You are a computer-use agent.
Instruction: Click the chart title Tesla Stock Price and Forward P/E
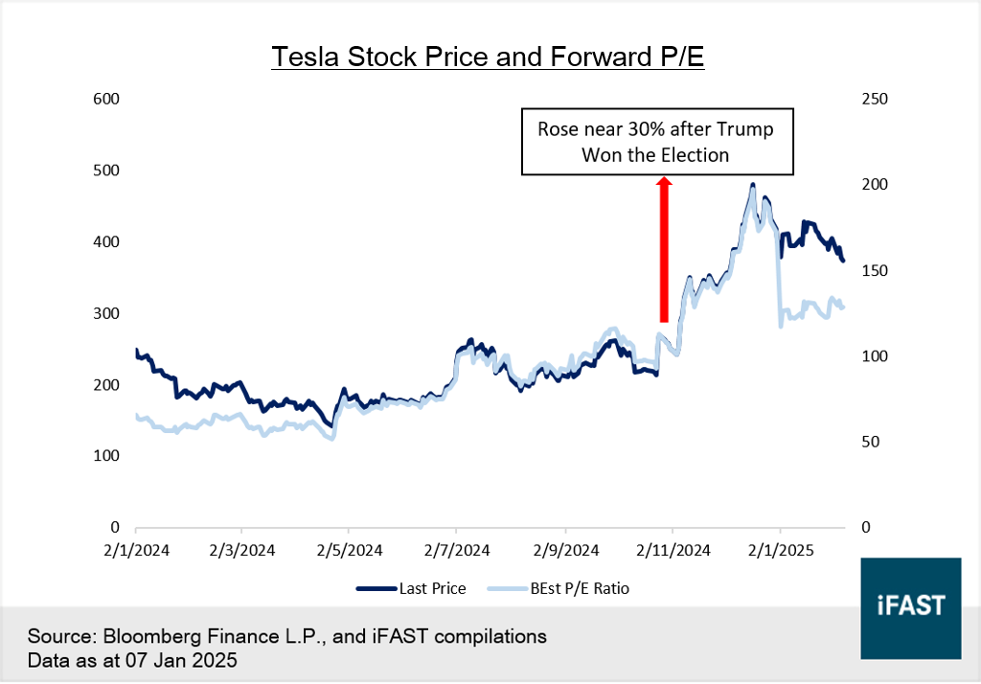tap(488, 57)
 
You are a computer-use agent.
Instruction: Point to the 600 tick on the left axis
tap(105, 100)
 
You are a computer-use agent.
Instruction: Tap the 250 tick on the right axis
tap(875, 100)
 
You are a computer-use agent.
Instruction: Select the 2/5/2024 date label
tap(348, 551)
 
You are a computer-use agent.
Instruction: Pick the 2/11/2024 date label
tap(673, 551)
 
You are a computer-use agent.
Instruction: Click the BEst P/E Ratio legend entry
tap(580, 588)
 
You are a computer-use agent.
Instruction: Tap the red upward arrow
tap(664, 249)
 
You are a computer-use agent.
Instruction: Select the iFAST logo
tap(910, 607)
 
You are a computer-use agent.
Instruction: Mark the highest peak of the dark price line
tap(753, 184)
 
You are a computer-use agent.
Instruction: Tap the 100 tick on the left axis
tap(105, 456)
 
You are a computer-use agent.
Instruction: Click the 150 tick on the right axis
tap(875, 271)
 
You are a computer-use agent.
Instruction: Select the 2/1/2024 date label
tap(135, 551)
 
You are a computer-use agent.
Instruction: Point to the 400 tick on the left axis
tap(105, 242)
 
